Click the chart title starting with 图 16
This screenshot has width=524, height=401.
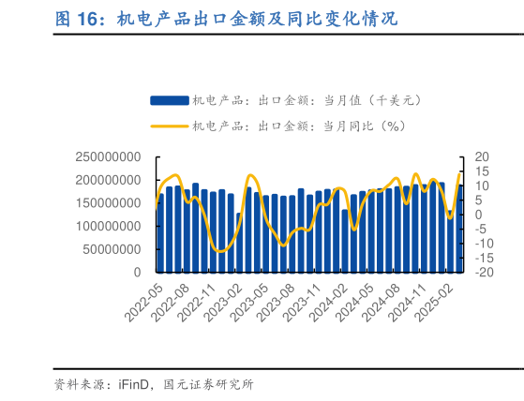[225, 18]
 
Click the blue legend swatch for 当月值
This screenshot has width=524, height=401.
[169, 99]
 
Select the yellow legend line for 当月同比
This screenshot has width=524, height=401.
[169, 126]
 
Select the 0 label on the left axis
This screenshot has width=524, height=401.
[137, 273]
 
